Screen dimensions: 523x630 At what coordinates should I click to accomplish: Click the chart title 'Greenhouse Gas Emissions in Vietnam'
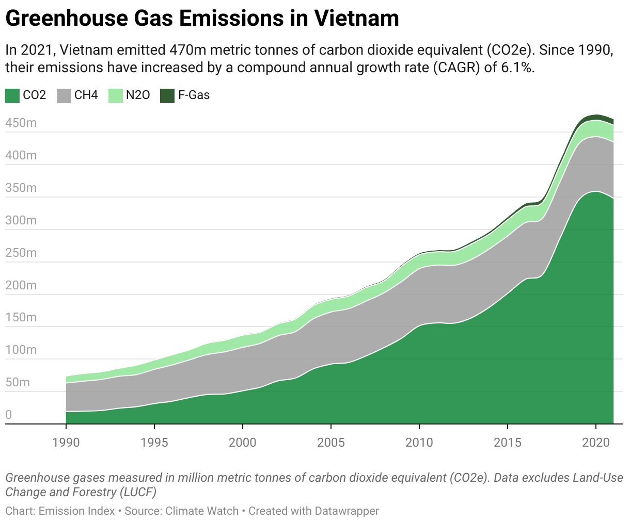(202, 19)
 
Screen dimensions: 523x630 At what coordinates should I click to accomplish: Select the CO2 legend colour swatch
(12, 95)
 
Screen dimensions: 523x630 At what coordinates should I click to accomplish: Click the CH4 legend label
(86, 95)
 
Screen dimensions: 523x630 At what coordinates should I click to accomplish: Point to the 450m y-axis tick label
(21, 123)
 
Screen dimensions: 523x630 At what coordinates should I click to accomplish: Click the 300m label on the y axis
(21, 220)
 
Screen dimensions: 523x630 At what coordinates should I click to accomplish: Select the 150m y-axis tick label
(21, 317)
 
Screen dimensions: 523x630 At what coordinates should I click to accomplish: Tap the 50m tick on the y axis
(18, 382)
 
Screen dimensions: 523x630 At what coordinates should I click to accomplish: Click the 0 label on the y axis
(8, 415)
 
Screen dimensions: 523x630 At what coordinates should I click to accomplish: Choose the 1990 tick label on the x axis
(66, 442)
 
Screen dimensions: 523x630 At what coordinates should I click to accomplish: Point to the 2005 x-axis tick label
(331, 442)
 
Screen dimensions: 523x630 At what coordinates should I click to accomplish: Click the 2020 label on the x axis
(596, 442)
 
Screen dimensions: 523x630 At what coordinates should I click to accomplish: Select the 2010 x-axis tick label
(419, 442)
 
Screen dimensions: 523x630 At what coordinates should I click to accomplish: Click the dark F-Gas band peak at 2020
(596, 117)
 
